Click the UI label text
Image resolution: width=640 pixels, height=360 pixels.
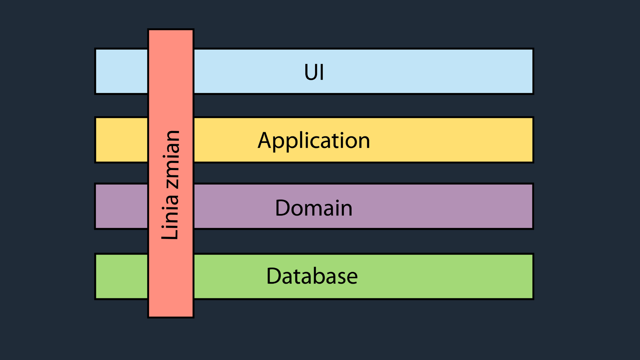coord(314,72)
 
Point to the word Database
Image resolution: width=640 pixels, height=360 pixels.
coord(312,276)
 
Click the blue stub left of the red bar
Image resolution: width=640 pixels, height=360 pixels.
coord(122,71)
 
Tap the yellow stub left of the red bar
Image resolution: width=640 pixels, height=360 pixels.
coord(122,140)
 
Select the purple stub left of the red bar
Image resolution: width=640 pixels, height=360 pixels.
coord(122,206)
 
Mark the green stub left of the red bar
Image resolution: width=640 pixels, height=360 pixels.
coord(122,276)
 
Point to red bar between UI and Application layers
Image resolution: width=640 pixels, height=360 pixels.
coord(171,106)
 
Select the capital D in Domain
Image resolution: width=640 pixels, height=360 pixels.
coord(283,208)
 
